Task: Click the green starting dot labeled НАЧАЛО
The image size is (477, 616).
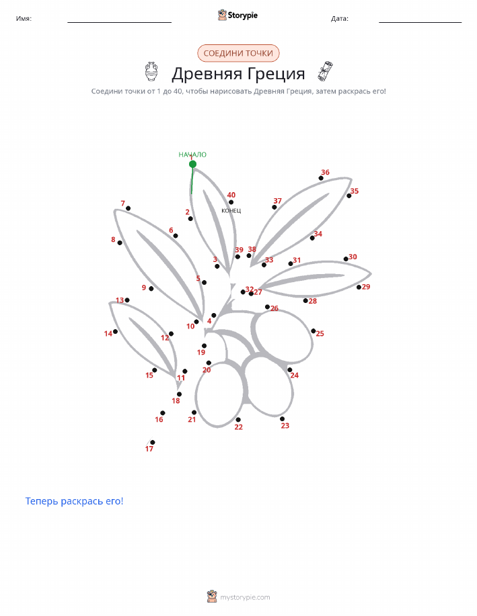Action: tap(192, 164)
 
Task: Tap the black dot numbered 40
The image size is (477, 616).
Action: tap(231, 202)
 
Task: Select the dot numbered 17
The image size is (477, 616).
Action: tap(153, 443)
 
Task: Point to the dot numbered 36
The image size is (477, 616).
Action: tap(321, 178)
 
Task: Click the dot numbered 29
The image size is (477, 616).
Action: tap(359, 288)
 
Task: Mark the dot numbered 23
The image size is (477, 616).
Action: tap(282, 419)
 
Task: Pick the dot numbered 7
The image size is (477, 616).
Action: tap(129, 208)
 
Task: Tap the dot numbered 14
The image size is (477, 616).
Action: tap(115, 332)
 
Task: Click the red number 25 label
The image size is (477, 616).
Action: tap(320, 334)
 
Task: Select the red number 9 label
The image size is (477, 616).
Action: tap(144, 288)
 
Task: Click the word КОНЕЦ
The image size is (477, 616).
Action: tap(231, 211)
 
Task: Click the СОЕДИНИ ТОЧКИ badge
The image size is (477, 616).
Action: tap(238, 53)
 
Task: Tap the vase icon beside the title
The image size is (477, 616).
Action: tap(151, 71)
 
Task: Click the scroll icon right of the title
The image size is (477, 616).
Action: tap(325, 71)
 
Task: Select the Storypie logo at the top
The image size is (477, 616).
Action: tap(237, 15)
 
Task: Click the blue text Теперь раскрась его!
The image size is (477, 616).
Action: tap(75, 501)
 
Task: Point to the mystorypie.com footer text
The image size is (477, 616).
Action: tap(245, 597)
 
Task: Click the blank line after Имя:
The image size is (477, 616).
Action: tap(120, 22)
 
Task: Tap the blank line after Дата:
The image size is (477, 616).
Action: tap(420, 22)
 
